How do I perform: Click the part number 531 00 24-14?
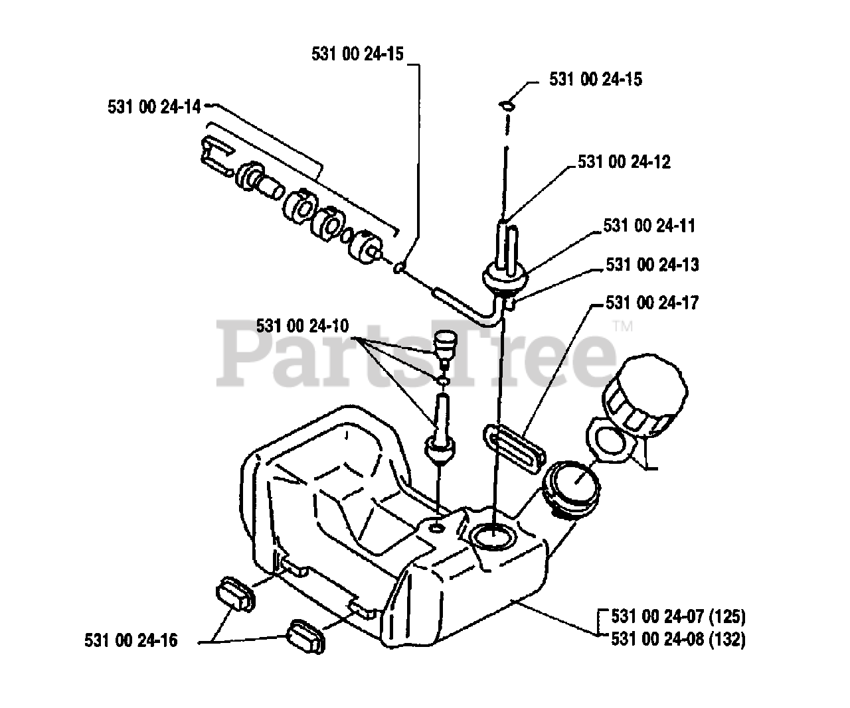point(153,106)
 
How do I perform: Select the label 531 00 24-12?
point(624,162)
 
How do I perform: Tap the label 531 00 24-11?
point(649,226)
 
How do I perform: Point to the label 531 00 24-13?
point(651,265)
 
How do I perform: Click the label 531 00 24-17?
point(651,303)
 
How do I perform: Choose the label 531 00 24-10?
point(302,326)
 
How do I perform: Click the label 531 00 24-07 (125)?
point(677,616)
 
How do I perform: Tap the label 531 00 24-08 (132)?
point(677,639)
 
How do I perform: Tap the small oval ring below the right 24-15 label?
point(507,104)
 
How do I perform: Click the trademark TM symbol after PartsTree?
point(623,326)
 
